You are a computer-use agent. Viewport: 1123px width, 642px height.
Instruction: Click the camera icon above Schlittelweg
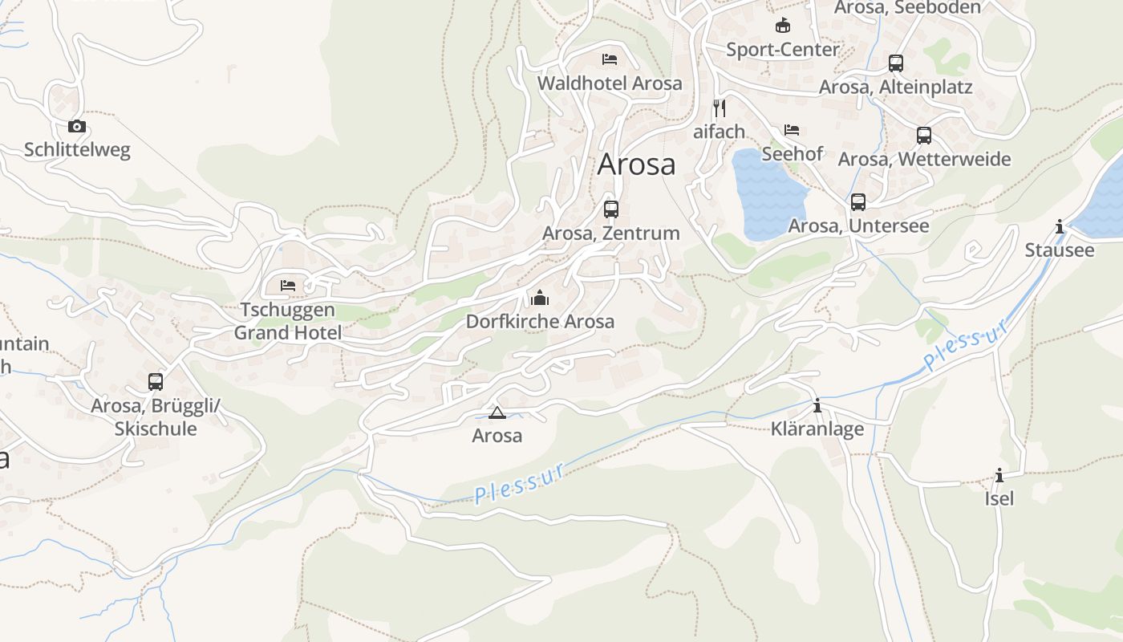click(77, 126)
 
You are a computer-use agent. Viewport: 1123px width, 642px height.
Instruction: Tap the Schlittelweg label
click(77, 150)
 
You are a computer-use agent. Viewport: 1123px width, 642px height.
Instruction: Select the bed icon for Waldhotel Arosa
click(610, 59)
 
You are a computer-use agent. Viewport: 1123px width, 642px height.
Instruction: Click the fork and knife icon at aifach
click(720, 108)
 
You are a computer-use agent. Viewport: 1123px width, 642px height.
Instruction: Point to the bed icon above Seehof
click(792, 130)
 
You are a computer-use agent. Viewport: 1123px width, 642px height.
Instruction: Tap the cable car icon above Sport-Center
click(782, 26)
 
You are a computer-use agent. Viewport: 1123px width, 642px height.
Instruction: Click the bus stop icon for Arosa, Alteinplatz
click(896, 63)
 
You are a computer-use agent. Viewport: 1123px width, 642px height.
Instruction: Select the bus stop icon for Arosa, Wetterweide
click(924, 136)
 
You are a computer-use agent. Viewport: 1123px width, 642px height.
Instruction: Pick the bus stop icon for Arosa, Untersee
click(858, 202)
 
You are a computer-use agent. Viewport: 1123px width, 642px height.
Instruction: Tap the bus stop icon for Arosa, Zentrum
click(611, 209)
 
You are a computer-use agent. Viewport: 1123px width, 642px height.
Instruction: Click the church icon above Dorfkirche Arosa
click(540, 299)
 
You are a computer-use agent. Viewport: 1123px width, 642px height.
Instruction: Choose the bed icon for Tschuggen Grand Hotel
click(288, 285)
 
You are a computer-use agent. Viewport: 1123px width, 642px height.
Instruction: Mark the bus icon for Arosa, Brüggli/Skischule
click(156, 382)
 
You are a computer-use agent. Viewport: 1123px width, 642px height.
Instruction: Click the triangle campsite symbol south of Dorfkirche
click(497, 413)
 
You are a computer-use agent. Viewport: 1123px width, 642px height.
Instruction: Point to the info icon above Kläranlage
click(817, 406)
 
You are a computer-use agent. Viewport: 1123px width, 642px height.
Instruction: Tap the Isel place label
click(999, 498)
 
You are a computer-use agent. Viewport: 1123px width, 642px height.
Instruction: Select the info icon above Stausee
click(1060, 227)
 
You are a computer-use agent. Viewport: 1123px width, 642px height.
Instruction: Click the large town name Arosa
click(637, 165)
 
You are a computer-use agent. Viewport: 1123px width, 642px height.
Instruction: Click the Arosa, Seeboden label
click(907, 8)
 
